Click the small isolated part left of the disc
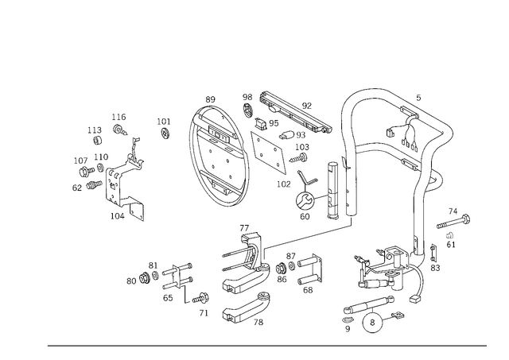[x=165, y=127]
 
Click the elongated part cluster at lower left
[x=163, y=274]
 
